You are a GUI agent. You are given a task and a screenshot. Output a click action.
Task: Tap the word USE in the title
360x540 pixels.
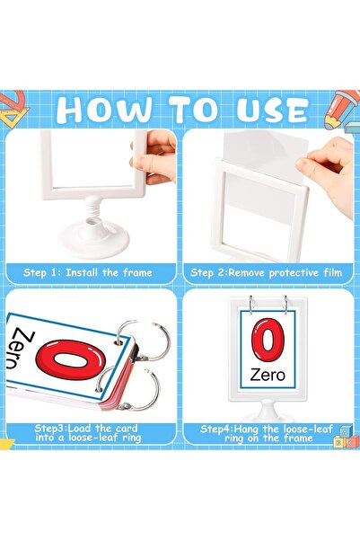[263, 109]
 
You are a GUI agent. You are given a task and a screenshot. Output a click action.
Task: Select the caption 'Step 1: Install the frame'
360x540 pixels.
[88, 271]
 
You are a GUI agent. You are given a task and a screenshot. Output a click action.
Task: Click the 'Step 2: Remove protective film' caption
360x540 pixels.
[268, 271]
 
